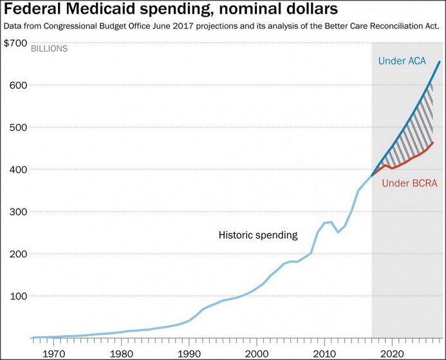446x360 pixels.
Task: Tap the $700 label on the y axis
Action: click(x=15, y=43)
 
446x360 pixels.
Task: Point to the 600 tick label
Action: click(x=17, y=85)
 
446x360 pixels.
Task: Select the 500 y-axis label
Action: click(x=17, y=128)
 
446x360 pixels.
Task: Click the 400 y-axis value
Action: click(x=17, y=169)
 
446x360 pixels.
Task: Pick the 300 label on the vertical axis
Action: click(x=17, y=212)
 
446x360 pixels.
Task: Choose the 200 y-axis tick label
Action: click(x=17, y=254)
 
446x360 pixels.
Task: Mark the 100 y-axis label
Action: click(x=17, y=296)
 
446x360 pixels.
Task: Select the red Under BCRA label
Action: click(x=409, y=184)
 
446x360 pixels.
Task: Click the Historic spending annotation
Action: click(x=258, y=235)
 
